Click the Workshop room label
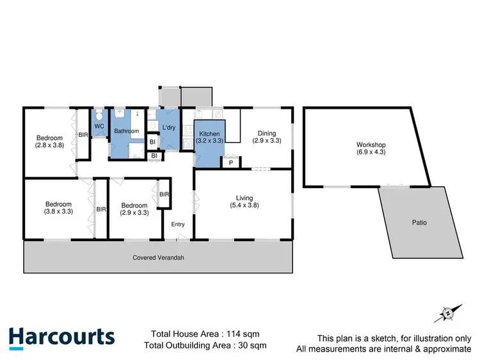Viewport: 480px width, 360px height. click(371, 145)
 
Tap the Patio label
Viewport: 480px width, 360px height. click(419, 223)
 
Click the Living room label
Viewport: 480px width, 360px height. click(243, 198)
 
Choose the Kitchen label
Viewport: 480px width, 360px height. click(209, 134)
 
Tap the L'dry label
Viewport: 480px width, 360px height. click(169, 127)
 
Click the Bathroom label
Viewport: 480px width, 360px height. click(126, 131)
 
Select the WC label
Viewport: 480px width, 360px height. click(99, 126)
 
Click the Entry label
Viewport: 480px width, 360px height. click(177, 224)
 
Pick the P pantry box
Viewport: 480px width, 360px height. click(230, 163)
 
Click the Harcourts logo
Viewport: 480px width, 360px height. click(62, 338)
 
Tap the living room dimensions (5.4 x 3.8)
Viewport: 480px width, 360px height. click(243, 205)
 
